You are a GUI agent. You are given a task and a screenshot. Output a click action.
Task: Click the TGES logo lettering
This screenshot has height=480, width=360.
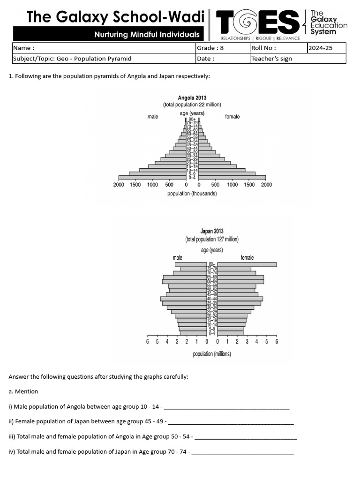(x=257, y=23)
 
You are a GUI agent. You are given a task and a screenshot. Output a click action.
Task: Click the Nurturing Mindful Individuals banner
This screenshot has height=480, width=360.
(x=147, y=34)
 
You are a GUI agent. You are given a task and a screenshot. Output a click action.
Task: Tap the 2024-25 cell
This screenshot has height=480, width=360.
(x=326, y=48)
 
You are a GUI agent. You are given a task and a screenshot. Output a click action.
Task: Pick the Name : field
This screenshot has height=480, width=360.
(x=103, y=48)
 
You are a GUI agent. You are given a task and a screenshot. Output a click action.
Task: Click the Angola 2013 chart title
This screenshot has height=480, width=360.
(x=192, y=98)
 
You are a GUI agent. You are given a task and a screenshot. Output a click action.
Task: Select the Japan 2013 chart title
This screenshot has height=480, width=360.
(x=212, y=231)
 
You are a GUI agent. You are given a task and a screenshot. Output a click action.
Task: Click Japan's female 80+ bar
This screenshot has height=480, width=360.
(x=247, y=264)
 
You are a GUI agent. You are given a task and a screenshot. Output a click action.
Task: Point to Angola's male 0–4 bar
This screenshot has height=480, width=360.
(x=152, y=178)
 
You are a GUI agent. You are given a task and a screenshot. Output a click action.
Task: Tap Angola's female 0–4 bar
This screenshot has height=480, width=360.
(x=232, y=178)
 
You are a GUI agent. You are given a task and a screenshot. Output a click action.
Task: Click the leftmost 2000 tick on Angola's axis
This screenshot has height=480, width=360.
(x=119, y=185)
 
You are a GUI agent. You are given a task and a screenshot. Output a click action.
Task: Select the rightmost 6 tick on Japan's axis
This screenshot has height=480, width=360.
(x=277, y=341)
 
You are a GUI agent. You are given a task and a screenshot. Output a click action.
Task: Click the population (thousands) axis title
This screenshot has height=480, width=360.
(x=192, y=194)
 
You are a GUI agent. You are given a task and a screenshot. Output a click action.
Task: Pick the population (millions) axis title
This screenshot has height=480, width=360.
(x=212, y=354)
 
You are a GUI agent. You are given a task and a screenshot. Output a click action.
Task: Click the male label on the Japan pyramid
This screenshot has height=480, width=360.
(x=177, y=257)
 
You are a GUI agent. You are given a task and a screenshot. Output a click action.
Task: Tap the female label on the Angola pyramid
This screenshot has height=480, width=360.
(x=232, y=116)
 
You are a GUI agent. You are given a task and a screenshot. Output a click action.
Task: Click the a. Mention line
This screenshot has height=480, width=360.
(x=23, y=391)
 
